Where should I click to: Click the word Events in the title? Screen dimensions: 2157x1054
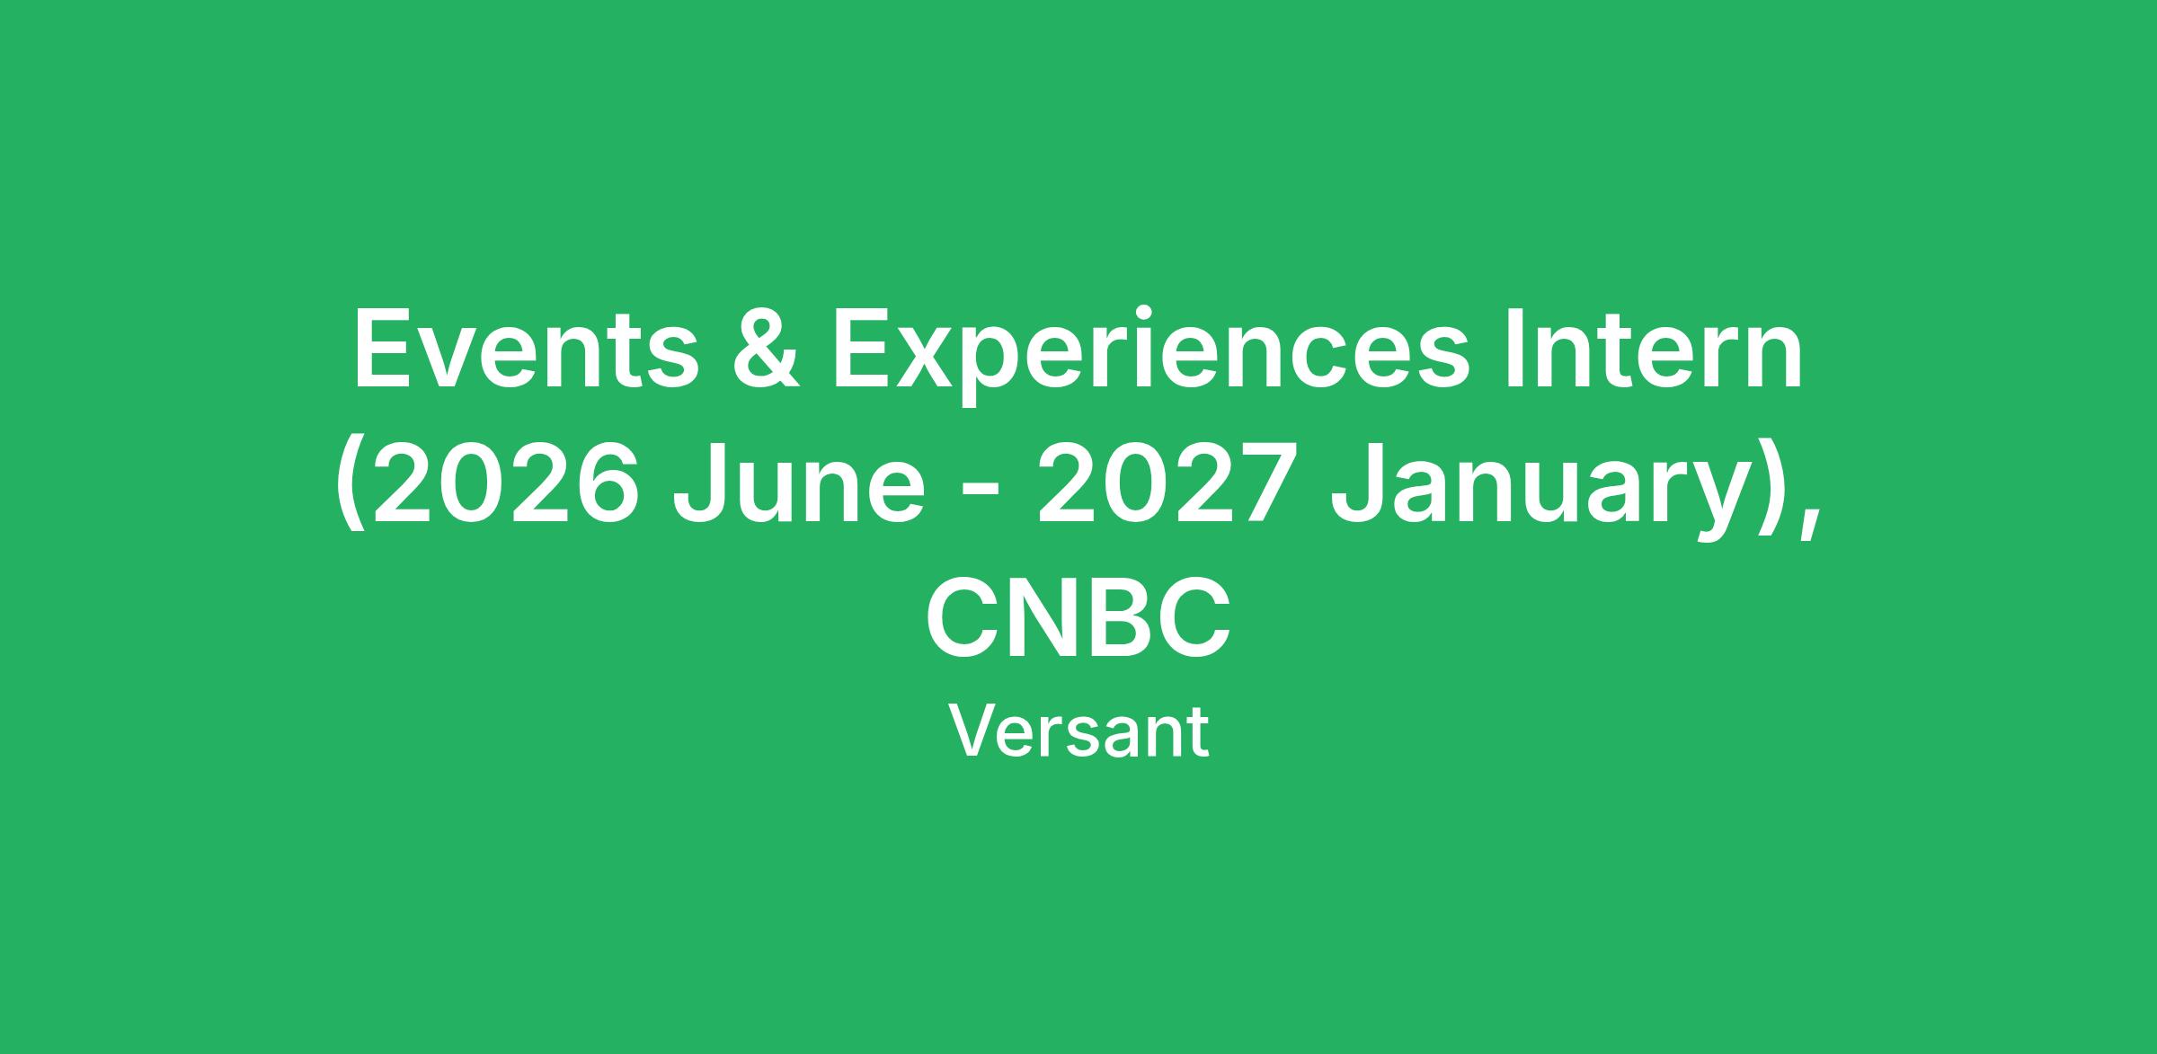[526, 350]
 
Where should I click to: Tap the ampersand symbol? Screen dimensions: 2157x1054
[766, 350]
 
